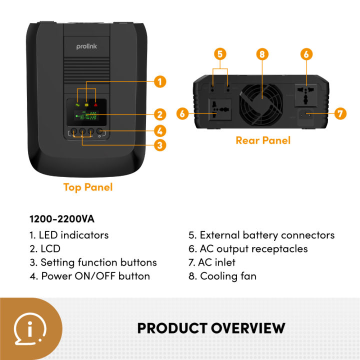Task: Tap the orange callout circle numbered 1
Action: click(159, 81)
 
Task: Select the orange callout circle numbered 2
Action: click(159, 114)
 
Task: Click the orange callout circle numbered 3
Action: click(159, 145)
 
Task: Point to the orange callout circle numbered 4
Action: click(159, 131)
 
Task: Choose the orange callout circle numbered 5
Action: click(219, 54)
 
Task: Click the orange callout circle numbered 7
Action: click(339, 114)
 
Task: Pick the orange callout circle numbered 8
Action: click(262, 54)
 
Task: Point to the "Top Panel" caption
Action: click(88, 187)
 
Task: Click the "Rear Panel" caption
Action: click(263, 140)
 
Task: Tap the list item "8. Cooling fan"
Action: click(222, 276)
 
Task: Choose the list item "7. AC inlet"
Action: click(211, 262)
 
